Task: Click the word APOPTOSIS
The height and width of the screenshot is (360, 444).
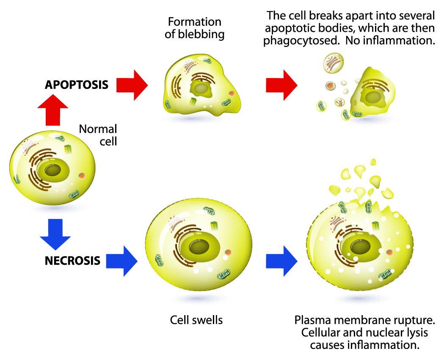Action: [x=76, y=85]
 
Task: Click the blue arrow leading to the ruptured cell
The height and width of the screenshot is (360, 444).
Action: [x=281, y=260]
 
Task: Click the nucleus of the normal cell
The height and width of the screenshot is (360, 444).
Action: [x=53, y=171]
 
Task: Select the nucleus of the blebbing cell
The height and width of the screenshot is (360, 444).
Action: [x=200, y=89]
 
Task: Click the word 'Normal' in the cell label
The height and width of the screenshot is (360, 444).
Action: [x=98, y=129]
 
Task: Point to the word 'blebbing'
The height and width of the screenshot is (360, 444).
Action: [x=195, y=34]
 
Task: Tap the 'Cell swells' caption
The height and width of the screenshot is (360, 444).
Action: [x=196, y=319]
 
